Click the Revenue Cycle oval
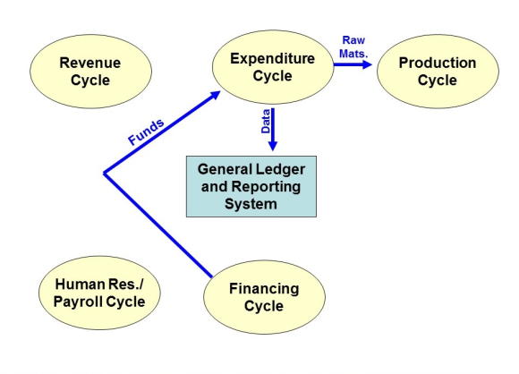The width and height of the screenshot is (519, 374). coord(90,72)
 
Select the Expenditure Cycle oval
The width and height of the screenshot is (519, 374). coord(273,67)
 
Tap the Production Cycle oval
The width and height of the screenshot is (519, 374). coord(438,72)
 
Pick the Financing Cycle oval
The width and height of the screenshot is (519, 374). coord(264,297)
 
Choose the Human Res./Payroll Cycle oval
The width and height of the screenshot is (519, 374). coord(99,293)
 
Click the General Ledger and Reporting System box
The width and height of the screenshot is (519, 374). coord(251,186)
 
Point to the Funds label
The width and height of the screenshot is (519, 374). coord(146,132)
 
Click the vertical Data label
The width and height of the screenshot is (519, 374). coord(266,122)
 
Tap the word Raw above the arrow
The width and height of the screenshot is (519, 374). coord(353,40)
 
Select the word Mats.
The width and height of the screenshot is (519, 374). coord(353,54)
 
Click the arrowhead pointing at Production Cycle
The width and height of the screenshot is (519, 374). coord(368,64)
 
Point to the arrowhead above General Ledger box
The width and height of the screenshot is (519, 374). coord(272,146)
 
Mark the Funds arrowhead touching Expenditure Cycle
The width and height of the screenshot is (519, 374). coord(215,95)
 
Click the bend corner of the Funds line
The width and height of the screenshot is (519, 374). coord(105,173)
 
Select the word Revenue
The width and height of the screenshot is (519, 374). coord(90,63)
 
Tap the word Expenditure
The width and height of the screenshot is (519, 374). coord(272,58)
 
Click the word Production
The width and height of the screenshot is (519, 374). coord(438,63)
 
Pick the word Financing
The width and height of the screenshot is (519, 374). coord(264,289)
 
